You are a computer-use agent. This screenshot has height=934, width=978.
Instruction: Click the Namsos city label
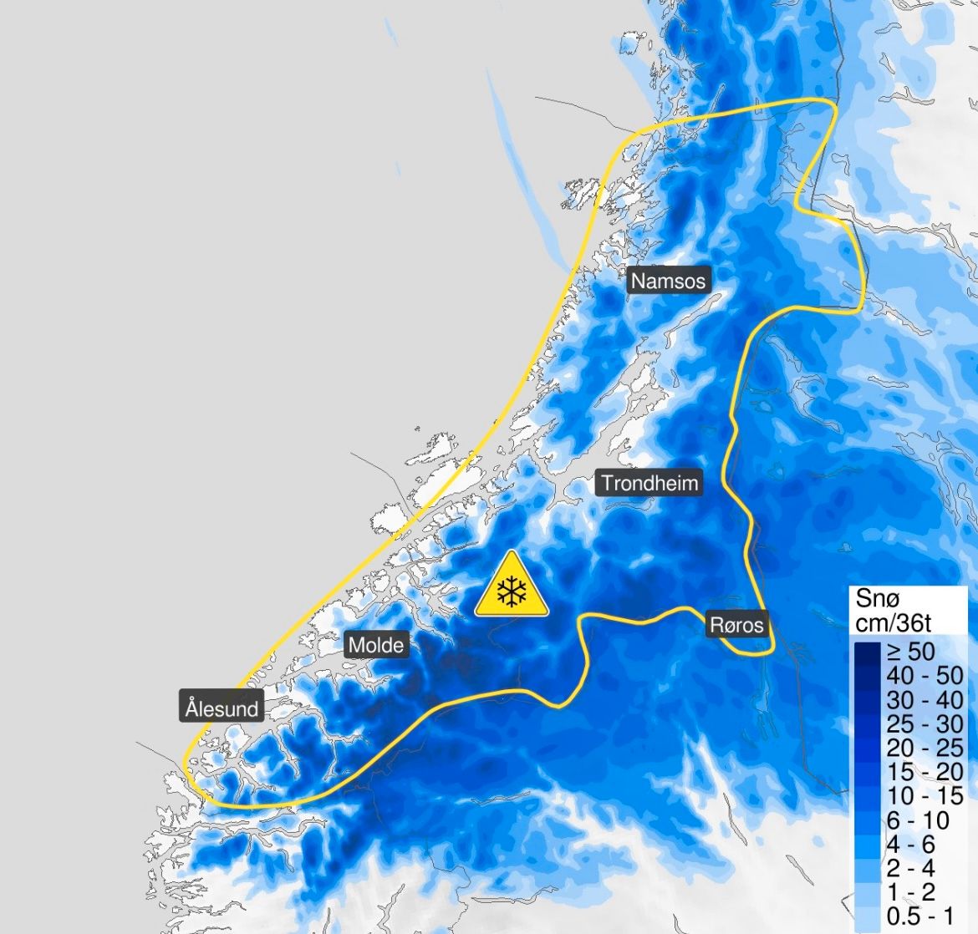pos(668,281)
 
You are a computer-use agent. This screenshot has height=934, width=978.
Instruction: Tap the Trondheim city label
pos(649,483)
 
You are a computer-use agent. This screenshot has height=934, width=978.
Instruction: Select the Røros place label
pos(736,624)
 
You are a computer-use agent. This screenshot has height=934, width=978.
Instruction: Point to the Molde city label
pos(375,644)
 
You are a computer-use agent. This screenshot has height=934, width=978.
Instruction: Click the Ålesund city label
pos(222,708)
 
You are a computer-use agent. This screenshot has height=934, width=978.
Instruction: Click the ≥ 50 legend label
pos(911,651)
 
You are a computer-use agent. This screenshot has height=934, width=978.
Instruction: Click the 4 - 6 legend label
pos(911,845)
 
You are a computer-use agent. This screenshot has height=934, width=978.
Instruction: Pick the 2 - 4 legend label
pos(911,869)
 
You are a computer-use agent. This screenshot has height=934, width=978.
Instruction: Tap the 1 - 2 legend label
pos(911,893)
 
